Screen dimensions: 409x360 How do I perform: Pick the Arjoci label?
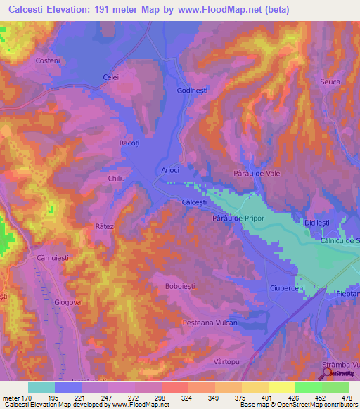(x=171, y=170)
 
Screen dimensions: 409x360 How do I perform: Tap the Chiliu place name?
(x=116, y=179)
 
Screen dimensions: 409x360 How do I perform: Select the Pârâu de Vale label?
(x=257, y=174)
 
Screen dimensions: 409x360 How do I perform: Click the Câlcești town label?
(x=194, y=202)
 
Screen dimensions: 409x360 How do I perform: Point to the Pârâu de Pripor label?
(x=237, y=219)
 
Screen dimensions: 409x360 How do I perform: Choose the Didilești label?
(x=316, y=222)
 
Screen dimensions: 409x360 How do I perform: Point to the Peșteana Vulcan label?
(x=210, y=323)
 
